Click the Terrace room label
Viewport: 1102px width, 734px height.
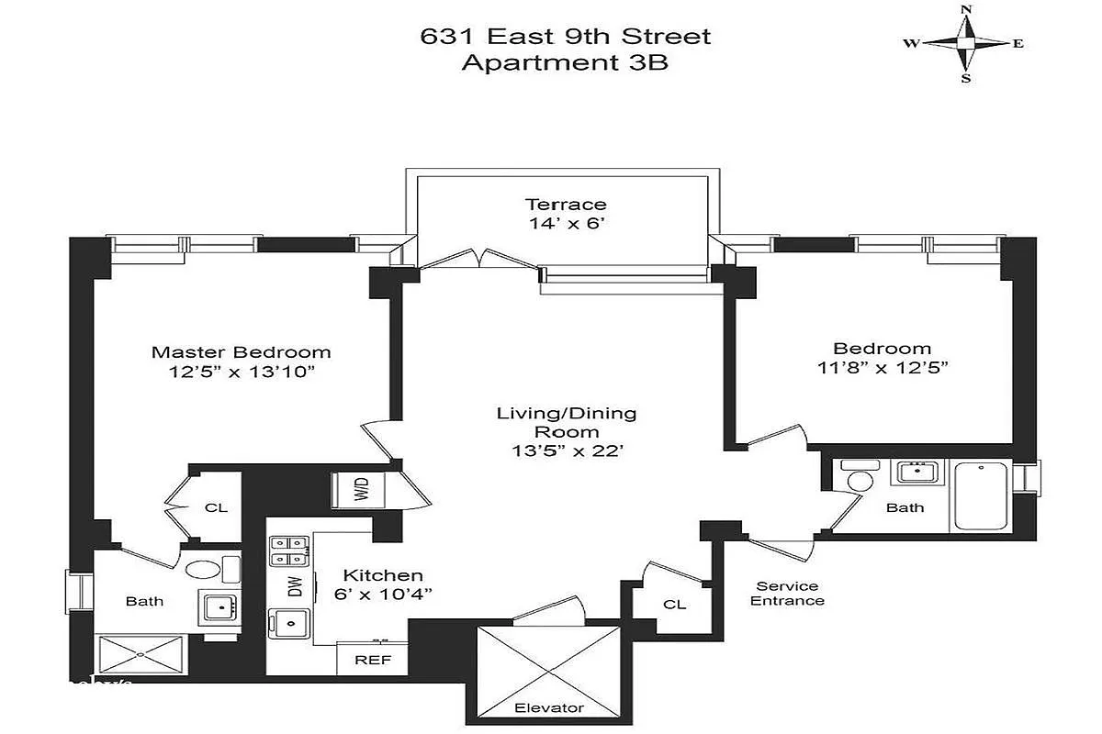point(566,204)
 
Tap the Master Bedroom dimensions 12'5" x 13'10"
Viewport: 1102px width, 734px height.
point(241,372)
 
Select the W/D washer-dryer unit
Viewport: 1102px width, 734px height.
point(358,490)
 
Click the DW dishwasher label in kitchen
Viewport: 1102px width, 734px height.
point(295,586)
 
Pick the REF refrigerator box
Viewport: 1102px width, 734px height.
point(373,659)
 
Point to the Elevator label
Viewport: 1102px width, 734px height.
point(549,707)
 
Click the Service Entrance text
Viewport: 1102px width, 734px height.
point(787,594)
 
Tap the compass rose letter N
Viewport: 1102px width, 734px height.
point(966,9)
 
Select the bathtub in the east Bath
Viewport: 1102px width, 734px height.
point(981,495)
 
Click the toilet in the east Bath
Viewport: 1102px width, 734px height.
point(860,475)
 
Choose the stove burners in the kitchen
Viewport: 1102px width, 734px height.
point(289,550)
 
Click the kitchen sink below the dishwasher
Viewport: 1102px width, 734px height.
point(290,623)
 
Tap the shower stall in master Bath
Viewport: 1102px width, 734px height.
point(141,654)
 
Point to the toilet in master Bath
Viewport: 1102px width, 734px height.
point(212,569)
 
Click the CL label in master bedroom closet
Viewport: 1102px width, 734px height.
point(216,507)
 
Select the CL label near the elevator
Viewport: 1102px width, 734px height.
point(674,605)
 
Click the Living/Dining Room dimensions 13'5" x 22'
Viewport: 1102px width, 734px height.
point(568,450)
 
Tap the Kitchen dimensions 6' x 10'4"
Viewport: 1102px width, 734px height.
point(383,595)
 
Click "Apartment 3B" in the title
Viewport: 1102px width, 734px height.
point(565,62)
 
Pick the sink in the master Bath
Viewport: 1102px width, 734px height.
point(219,607)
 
